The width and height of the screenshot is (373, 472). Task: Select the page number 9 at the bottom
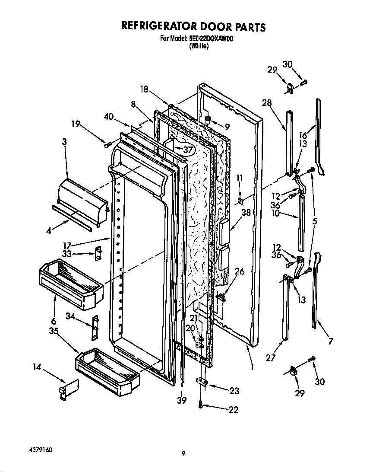tap(183, 453)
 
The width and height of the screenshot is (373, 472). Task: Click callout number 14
tap(37, 367)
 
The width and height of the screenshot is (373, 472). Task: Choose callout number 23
tap(234, 391)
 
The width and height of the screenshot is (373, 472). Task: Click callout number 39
tap(182, 400)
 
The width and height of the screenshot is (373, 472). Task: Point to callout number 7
tap(331, 341)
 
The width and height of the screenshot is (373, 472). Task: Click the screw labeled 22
tap(201, 405)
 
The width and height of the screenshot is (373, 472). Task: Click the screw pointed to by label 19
tap(107, 144)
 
